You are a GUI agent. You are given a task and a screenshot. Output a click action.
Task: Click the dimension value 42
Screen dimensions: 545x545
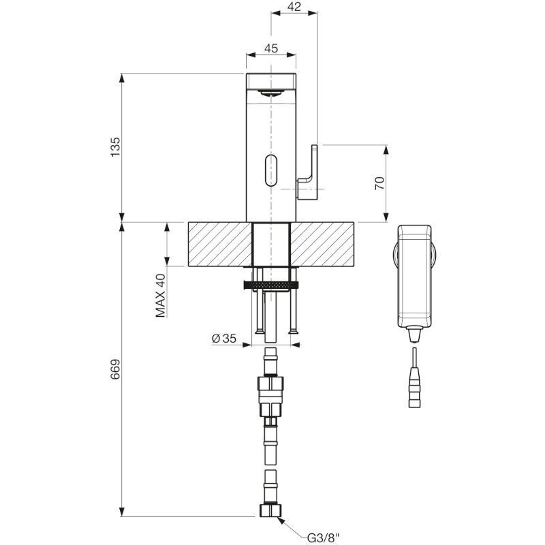[x=294, y=7]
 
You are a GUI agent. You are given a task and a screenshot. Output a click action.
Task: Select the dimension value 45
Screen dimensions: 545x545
[x=271, y=48]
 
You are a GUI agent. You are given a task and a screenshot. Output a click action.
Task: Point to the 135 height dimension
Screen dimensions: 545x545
[x=115, y=146]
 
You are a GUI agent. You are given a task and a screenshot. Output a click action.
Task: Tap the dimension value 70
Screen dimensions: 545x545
[x=379, y=183]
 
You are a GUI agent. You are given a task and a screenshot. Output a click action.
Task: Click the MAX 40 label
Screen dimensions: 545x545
[x=160, y=296]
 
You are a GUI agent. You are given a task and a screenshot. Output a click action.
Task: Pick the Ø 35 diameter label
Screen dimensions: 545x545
[x=224, y=338]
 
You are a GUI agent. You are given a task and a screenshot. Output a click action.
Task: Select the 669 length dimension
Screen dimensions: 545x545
[x=115, y=369]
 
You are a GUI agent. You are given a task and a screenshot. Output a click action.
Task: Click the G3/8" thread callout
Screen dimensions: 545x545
[x=322, y=538]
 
